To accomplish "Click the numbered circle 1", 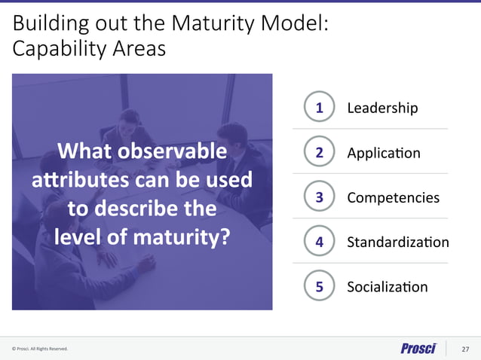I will (320, 108).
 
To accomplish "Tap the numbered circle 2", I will (320, 153).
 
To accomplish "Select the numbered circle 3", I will (320, 197).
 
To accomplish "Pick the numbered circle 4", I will (320, 242).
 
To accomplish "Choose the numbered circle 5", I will (320, 286).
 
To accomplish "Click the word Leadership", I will (381, 108).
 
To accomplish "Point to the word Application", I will (383, 154).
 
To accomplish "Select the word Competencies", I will (393, 198).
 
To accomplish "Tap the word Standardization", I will (397, 243).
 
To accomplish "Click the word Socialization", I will (387, 287).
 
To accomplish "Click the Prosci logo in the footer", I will (418, 348).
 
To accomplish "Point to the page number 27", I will (465, 349).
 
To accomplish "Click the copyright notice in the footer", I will (40, 349).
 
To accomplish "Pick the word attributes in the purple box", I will (74, 181).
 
